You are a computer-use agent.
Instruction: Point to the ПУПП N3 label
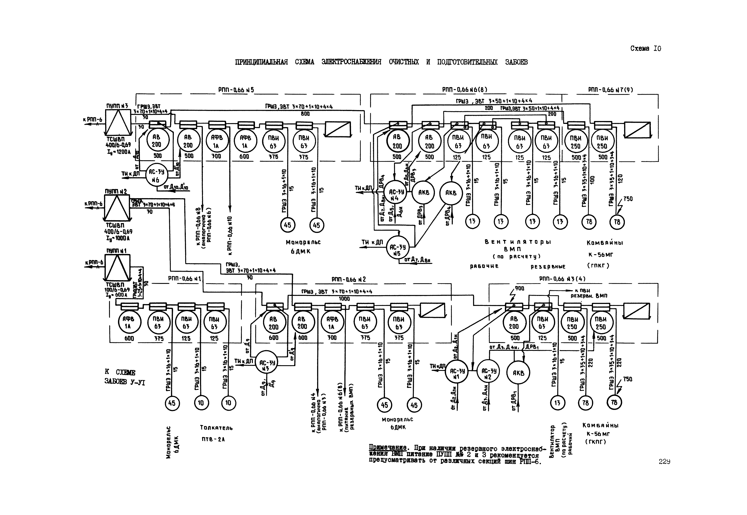pos(117,106)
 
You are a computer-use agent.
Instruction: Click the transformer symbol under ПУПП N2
pos(116,208)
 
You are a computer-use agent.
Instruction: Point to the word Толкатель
pos(216,428)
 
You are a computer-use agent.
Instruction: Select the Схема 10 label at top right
pos(645,48)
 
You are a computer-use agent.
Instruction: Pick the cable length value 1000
pos(344,299)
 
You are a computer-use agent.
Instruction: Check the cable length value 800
pos(305,114)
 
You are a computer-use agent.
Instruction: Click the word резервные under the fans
pos(548,266)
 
